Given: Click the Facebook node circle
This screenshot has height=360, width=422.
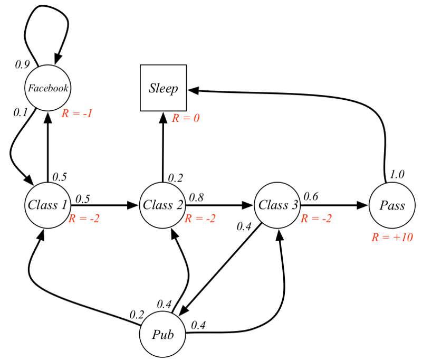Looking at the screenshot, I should point(48,88).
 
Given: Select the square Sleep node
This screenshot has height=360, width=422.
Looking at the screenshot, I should point(163,88).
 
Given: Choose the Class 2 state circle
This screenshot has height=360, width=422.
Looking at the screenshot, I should point(163,205).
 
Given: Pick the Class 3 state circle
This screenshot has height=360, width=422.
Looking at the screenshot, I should point(277,205).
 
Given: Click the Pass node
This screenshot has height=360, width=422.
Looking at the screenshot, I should point(392,205).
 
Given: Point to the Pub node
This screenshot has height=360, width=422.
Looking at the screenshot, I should point(163,334).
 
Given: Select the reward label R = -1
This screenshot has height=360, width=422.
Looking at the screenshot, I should point(77,113).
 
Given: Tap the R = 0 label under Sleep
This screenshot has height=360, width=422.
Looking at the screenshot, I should point(186,118).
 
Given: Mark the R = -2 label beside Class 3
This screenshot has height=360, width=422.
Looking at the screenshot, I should point(316,219).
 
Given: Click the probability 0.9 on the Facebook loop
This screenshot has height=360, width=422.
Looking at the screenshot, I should point(22,64).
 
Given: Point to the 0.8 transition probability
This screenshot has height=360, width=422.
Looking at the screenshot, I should point(196,197).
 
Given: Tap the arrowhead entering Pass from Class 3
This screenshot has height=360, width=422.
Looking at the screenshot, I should point(363,205).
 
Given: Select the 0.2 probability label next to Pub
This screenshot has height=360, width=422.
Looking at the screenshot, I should point(137,315).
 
